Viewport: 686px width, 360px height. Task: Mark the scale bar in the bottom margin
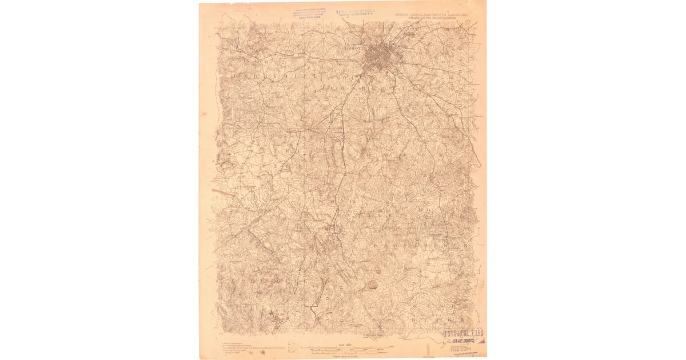click(x=349, y=349)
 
